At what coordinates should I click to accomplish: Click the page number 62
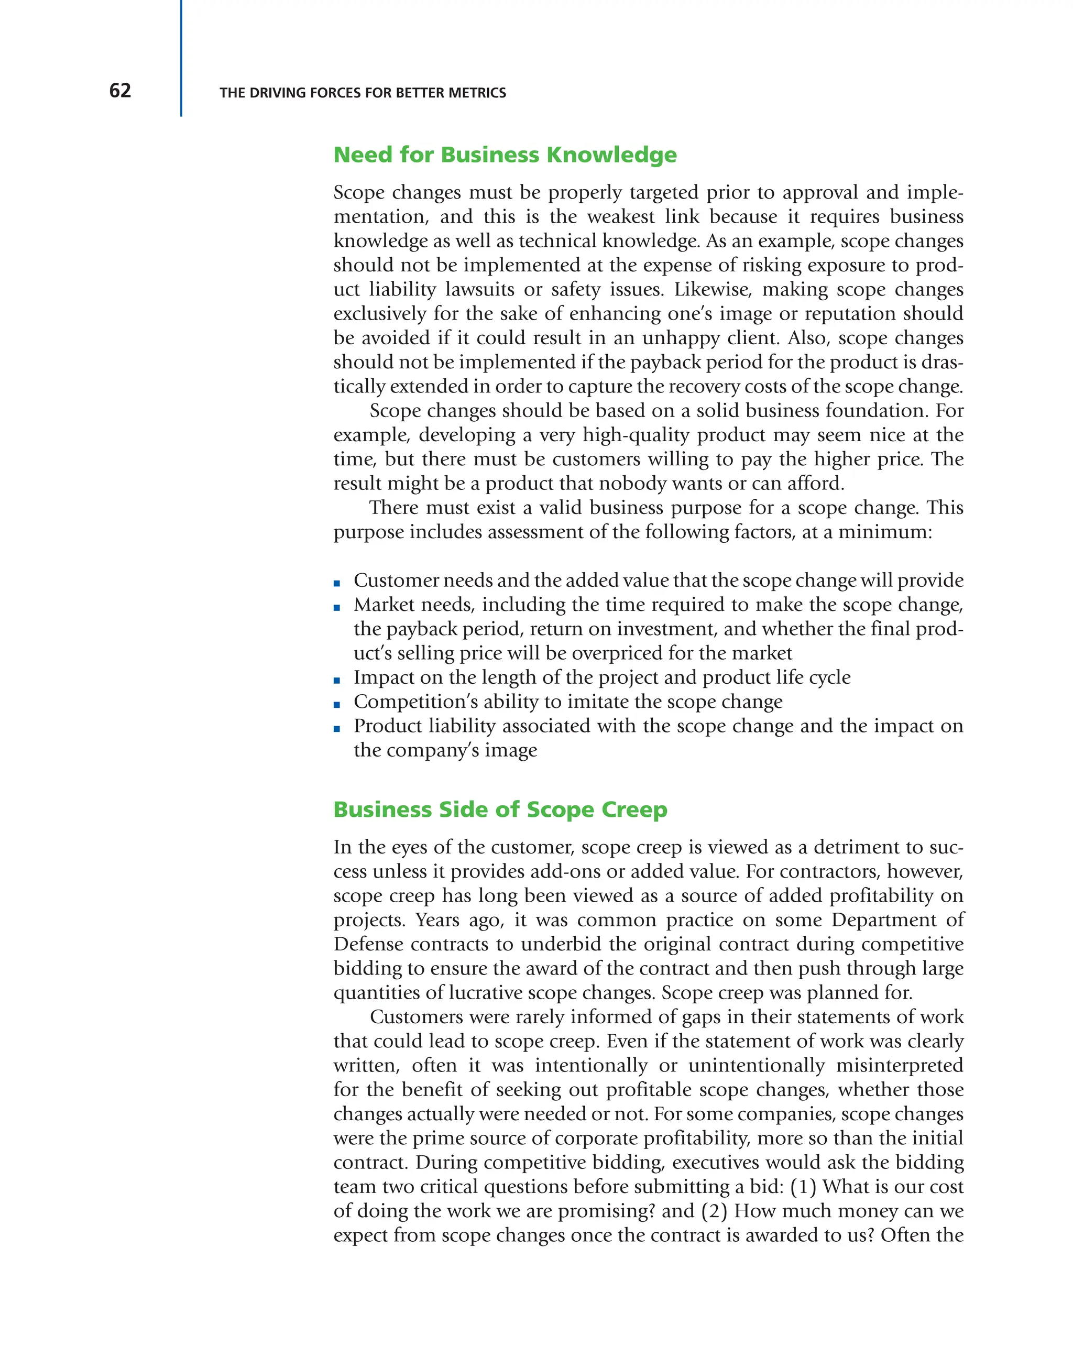click(120, 91)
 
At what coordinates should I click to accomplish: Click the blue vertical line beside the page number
click(181, 58)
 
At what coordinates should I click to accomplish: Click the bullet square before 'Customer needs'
click(337, 583)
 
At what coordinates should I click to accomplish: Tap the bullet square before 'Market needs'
click(337, 607)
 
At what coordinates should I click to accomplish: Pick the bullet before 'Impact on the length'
click(337, 681)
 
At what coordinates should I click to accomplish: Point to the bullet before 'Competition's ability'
click(337, 704)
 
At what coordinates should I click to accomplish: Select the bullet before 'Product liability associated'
click(337, 729)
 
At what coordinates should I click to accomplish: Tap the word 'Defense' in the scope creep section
click(368, 944)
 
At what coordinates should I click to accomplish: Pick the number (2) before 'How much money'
click(714, 1211)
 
